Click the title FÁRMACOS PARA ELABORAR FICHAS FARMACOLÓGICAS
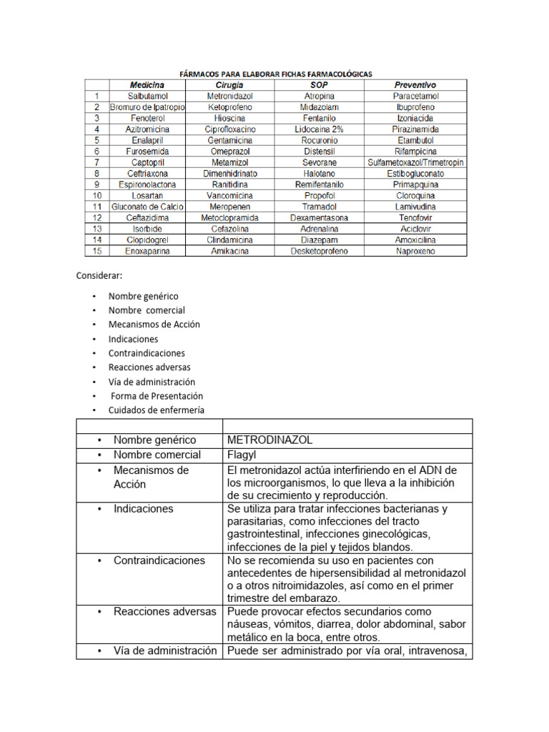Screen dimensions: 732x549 (x=274, y=74)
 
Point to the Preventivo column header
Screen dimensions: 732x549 (x=415, y=84)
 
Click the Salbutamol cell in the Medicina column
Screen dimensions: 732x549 (x=147, y=96)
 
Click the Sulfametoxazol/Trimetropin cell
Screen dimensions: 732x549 (x=415, y=162)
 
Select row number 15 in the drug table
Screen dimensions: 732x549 (x=97, y=252)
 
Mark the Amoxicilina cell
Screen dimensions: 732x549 (x=415, y=240)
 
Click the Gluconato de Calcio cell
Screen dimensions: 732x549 (x=147, y=207)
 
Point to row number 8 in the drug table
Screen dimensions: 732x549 (x=97, y=174)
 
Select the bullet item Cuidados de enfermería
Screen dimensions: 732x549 (x=156, y=410)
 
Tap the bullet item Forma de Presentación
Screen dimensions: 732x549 (x=157, y=396)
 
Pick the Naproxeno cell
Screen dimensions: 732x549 (x=415, y=252)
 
